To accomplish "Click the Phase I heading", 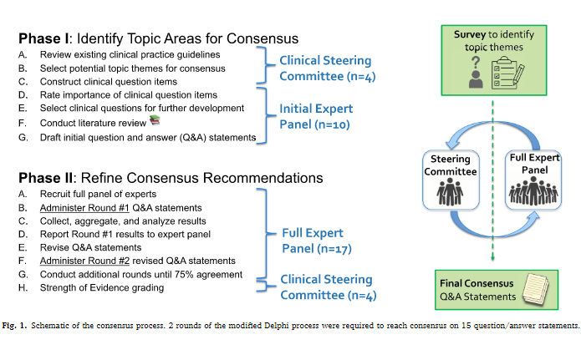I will pos(160,38).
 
